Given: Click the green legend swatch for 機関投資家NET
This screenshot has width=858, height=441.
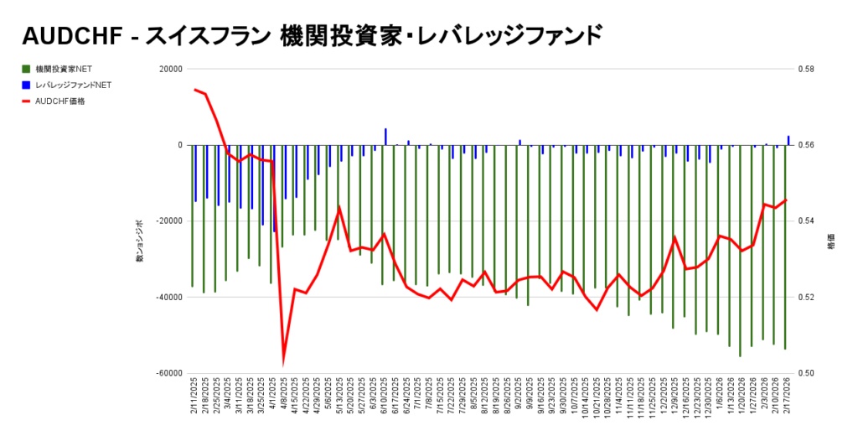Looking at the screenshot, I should pos(27,69).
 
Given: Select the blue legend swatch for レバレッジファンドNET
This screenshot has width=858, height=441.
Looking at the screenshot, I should pos(27,85).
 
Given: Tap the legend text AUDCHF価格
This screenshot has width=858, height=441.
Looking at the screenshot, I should pos(60,101).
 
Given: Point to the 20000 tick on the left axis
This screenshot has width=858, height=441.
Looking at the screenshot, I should pos(170,70).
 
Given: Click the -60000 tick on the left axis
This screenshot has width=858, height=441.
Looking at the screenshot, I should pos(168,373).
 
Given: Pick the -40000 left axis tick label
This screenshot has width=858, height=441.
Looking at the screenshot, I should pos(168,298).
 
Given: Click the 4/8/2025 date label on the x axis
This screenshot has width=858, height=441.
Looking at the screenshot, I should pos(284,399).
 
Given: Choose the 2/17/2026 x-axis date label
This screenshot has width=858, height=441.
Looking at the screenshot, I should pos(786,399).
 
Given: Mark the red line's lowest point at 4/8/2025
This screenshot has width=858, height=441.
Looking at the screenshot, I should pos(283,361).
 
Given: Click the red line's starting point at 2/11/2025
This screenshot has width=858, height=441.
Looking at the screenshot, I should pos(194,89).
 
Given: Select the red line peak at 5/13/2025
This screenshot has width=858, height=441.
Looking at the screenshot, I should pos(339,207).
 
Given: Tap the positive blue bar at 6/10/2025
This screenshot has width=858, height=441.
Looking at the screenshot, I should pos(385,137).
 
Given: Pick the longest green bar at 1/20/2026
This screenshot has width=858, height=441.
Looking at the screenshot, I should pos(740,252).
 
